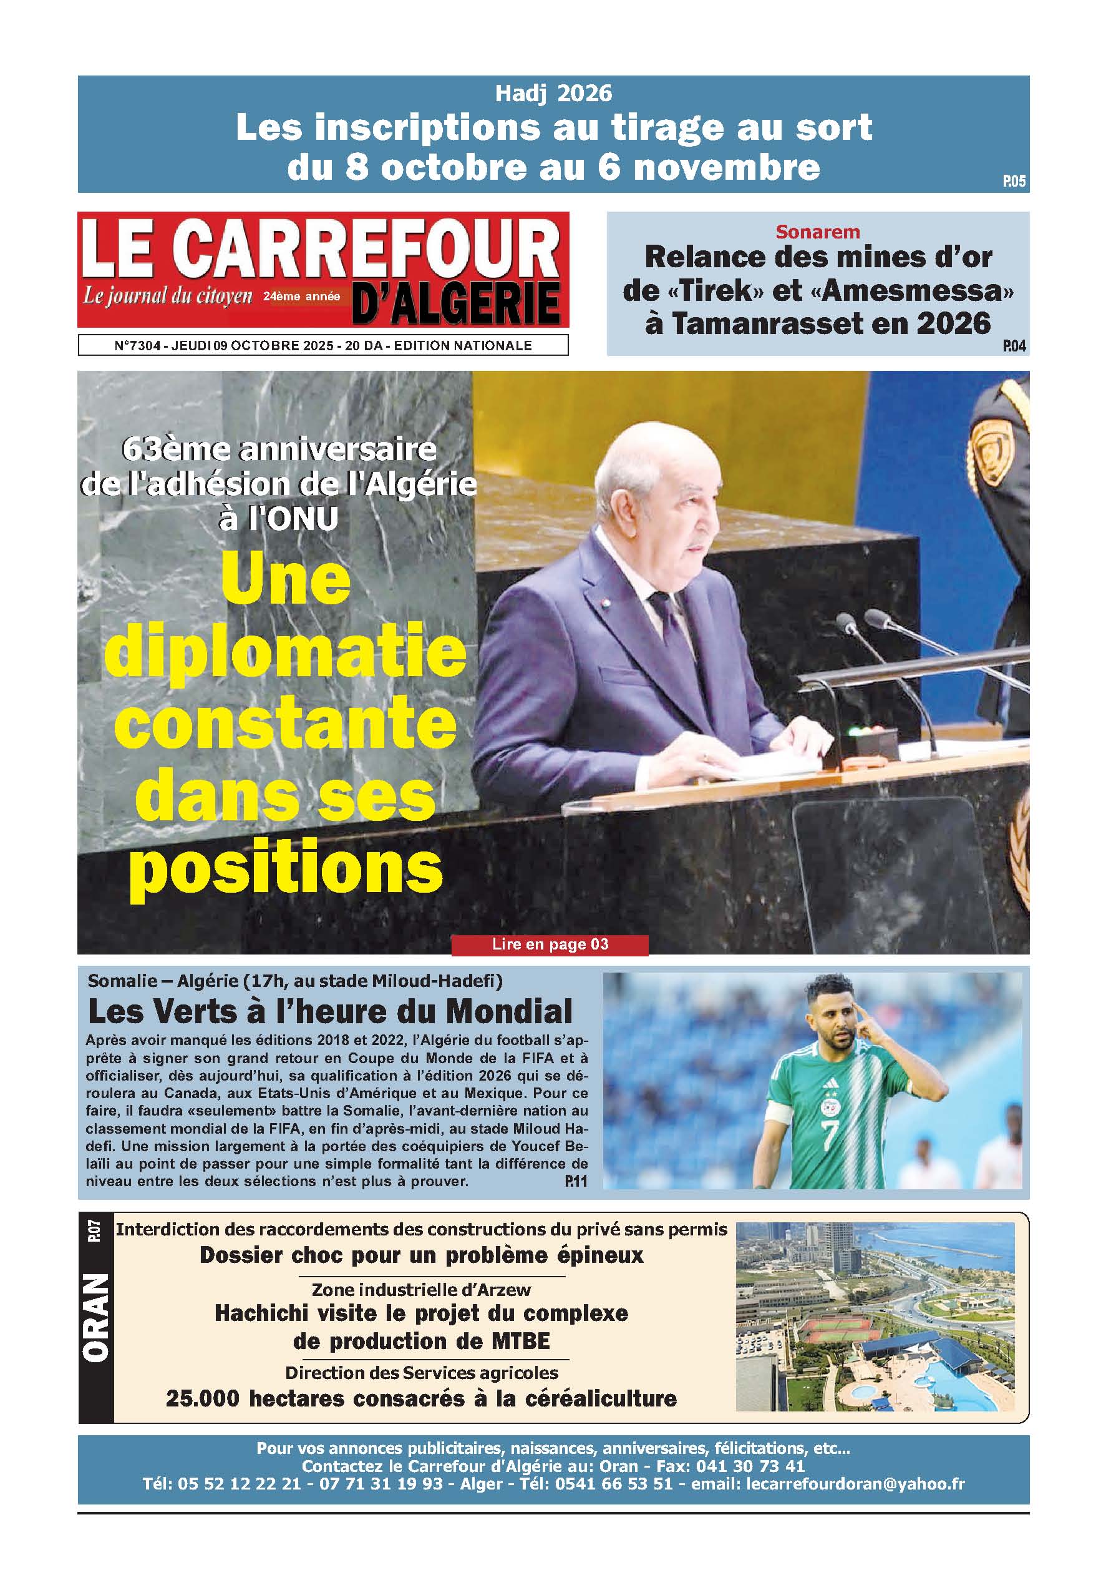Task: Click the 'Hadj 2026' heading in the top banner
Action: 553,93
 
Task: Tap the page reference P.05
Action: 1014,182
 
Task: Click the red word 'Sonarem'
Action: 817,232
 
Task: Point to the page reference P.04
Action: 1014,346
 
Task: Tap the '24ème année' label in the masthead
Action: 302,297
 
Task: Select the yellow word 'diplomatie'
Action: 285,651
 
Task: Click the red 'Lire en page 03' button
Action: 550,945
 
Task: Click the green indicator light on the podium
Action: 856,730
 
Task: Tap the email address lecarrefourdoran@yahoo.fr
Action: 855,1483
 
